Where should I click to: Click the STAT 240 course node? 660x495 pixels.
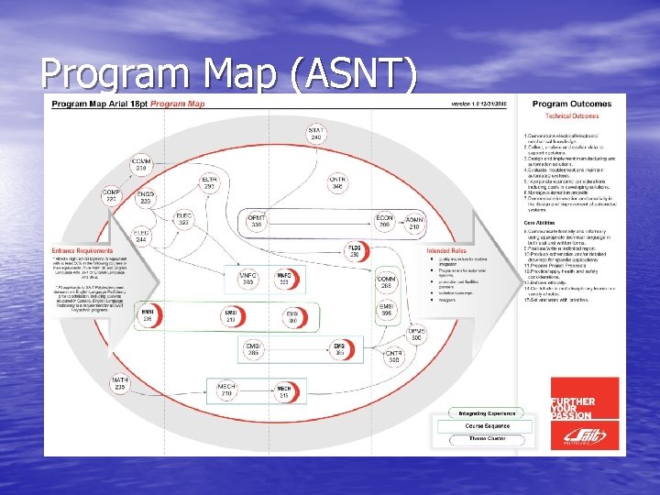(x=315, y=133)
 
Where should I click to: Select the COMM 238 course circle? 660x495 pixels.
(x=141, y=167)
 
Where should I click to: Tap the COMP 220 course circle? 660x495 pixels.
(x=111, y=195)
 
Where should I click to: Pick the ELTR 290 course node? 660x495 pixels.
(x=210, y=182)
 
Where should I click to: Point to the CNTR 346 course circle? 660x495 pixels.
(x=337, y=182)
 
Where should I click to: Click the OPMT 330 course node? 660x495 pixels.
(x=257, y=221)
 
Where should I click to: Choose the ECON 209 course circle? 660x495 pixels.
(x=384, y=221)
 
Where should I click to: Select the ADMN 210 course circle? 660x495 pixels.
(x=414, y=221)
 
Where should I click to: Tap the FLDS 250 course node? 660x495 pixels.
(x=356, y=250)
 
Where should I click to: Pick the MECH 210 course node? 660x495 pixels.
(x=226, y=391)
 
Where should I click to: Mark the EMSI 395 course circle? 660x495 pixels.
(x=388, y=310)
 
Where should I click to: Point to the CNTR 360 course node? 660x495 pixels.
(x=393, y=357)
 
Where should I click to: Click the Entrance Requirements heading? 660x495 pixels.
(x=83, y=249)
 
